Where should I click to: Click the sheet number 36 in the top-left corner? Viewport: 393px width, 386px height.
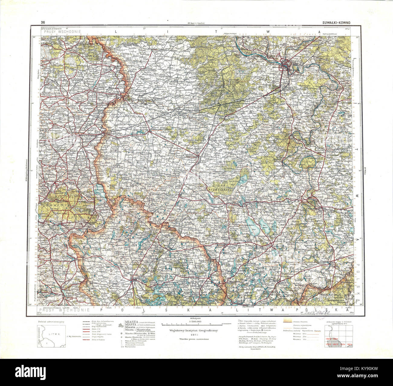tap(44, 22)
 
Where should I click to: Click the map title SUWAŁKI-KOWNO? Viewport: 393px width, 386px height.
tap(335, 22)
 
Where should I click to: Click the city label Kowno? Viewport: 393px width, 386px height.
tap(285, 60)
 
